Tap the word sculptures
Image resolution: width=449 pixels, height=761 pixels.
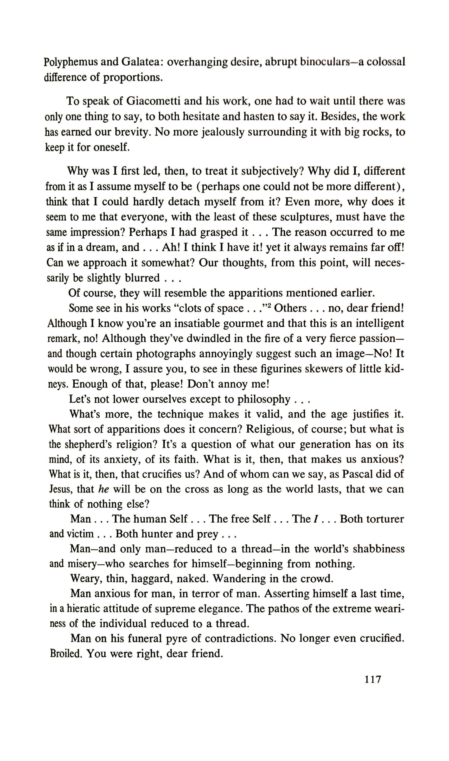[x=306, y=217]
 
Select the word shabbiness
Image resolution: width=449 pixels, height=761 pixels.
[x=378, y=549]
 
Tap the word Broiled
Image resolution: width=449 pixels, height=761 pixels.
[x=66, y=654]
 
